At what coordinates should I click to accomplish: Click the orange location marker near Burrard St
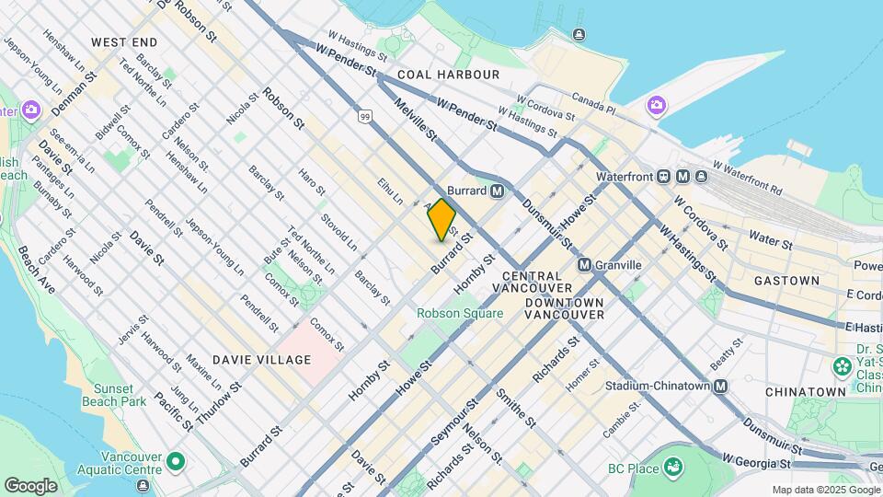tap(442, 219)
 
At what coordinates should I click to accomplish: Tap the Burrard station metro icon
tap(498, 191)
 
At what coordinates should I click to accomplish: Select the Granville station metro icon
tap(584, 265)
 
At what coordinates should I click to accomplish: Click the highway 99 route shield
tap(365, 116)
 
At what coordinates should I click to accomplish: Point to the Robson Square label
tap(460, 313)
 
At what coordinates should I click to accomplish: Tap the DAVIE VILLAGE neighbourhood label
tap(261, 360)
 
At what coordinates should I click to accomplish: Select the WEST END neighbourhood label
tap(124, 42)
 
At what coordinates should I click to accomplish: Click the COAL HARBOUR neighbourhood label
tap(449, 74)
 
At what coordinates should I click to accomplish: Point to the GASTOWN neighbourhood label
tap(786, 280)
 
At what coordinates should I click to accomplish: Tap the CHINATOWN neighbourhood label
tap(805, 391)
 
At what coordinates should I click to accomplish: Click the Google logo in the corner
tap(31, 485)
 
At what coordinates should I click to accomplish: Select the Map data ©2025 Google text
tap(825, 490)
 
